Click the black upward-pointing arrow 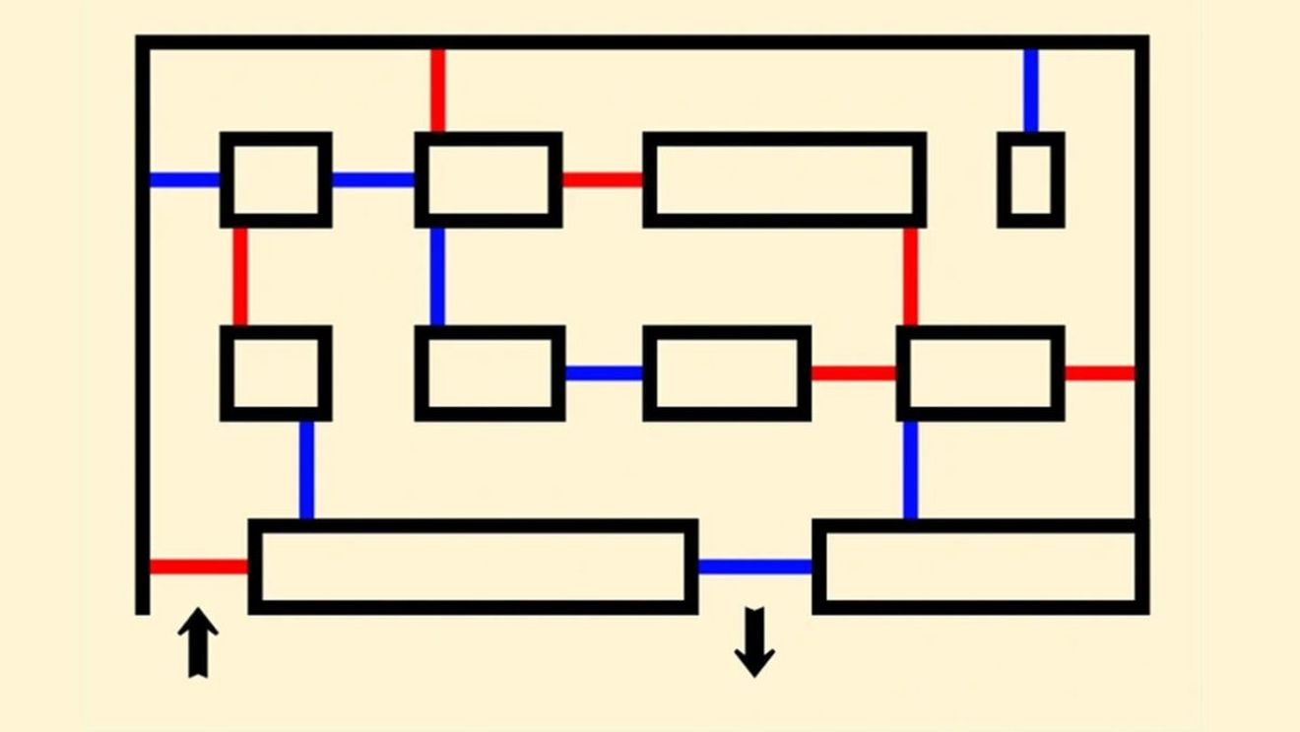tap(198, 641)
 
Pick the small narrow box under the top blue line tap(1031, 179)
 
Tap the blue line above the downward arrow tap(754, 566)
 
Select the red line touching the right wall tap(1099, 373)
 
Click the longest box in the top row tap(784, 179)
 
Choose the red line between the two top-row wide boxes tap(602, 180)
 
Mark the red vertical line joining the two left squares tap(240, 276)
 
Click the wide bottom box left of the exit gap tap(473, 566)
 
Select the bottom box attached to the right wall tap(980, 566)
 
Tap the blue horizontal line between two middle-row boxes tap(603, 373)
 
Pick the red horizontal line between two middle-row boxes tap(853, 373)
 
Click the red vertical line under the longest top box tap(910, 276)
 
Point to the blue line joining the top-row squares tap(372, 180)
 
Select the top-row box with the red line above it tap(488, 179)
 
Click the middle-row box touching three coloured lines tap(980, 373)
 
